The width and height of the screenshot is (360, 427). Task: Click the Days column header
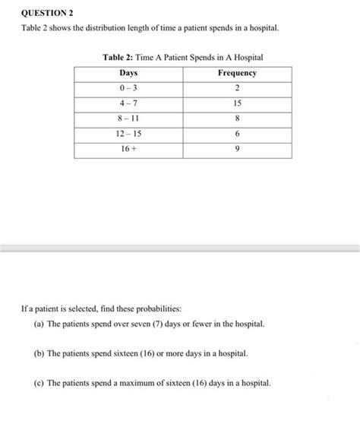point(128,73)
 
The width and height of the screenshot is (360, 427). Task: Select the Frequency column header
point(237,73)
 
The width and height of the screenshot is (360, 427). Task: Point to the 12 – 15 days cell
point(128,134)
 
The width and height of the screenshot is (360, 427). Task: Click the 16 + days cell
point(128,150)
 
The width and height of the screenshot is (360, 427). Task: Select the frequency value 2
point(237,88)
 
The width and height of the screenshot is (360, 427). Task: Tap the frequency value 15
point(237,103)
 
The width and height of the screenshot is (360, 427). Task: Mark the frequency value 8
point(237,119)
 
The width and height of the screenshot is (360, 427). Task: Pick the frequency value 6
point(237,134)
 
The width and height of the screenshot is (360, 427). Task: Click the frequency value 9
point(237,150)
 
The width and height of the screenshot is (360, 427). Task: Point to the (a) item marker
point(38,324)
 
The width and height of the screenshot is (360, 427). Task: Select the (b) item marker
point(38,354)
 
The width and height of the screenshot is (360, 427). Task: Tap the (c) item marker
point(38,383)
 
